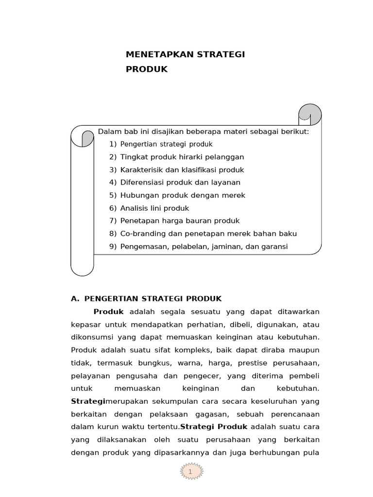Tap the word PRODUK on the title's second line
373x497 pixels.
coord(147,69)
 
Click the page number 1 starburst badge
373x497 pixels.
coord(191,471)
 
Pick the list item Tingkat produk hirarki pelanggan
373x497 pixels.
coord(182,157)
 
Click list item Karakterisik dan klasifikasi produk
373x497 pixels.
coord(182,170)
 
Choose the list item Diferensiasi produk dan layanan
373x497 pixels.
coord(180,182)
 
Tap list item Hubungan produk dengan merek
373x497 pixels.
coord(183,195)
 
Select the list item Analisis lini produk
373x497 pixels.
coord(154,208)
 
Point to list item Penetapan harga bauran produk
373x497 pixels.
coord(180,221)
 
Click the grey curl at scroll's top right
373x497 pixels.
coord(311,114)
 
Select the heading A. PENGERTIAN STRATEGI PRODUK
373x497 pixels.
coord(146,298)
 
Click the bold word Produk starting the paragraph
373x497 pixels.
coord(109,311)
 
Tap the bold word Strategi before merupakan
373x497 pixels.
coord(88,401)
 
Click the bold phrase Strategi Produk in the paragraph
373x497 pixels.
coord(214,427)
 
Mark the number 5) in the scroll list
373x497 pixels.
coord(113,195)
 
